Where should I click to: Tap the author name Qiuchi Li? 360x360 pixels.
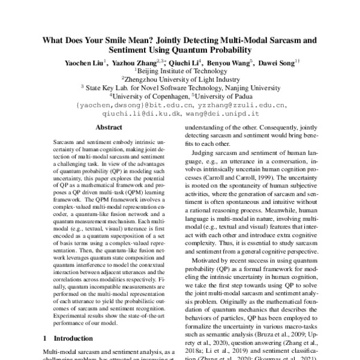(182, 62)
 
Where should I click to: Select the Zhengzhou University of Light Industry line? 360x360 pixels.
(181, 78)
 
